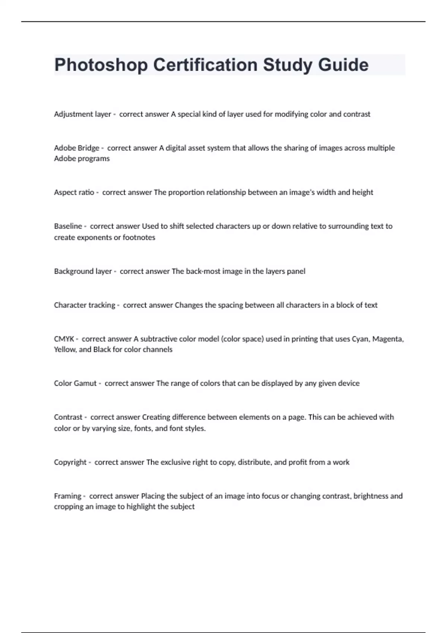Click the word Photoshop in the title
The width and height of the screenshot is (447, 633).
pos(101,65)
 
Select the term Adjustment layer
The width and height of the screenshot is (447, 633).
pos(82,114)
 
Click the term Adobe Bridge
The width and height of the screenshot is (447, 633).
pos(76,148)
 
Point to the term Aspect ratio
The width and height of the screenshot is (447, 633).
pos(74,193)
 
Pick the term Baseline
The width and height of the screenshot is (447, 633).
pos(68,226)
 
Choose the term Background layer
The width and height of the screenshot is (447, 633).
pos(83,271)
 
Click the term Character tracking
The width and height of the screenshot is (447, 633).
pos(85,305)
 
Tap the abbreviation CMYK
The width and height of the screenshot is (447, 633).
pos(64,339)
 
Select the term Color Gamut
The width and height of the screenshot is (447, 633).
pos(75,384)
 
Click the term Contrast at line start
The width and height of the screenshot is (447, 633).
pos(68,417)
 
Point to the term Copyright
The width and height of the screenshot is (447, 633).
pos(70,462)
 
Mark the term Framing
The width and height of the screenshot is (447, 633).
pos(67,496)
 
